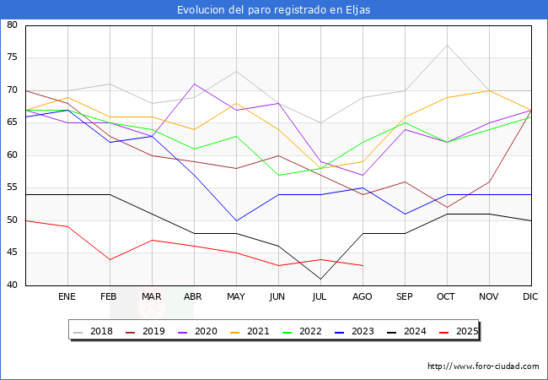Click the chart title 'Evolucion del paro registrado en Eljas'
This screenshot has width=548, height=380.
(273, 10)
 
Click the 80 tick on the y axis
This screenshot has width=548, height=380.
(13, 25)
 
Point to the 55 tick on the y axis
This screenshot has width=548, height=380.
(13, 188)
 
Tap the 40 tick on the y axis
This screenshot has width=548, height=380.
(13, 285)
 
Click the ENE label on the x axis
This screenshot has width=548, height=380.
(67, 297)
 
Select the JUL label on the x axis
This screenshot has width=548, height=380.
(320, 297)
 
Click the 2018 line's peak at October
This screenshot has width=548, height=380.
(447, 45)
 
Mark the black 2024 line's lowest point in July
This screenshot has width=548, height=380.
(320, 279)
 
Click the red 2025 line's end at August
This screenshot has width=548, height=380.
(363, 266)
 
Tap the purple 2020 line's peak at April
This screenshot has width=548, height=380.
(194, 84)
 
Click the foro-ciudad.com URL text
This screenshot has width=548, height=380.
(483, 366)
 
